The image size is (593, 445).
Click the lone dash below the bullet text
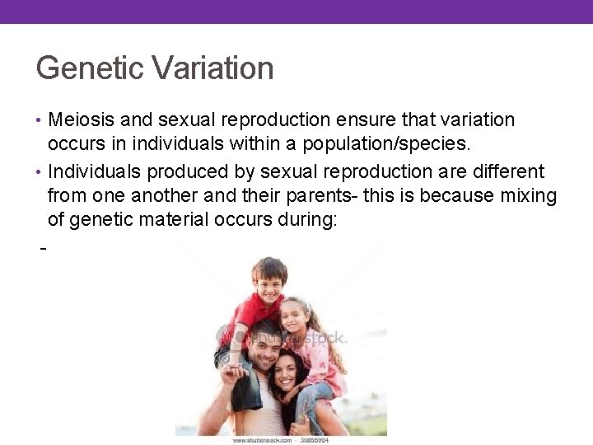42,247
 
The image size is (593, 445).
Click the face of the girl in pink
296,317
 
